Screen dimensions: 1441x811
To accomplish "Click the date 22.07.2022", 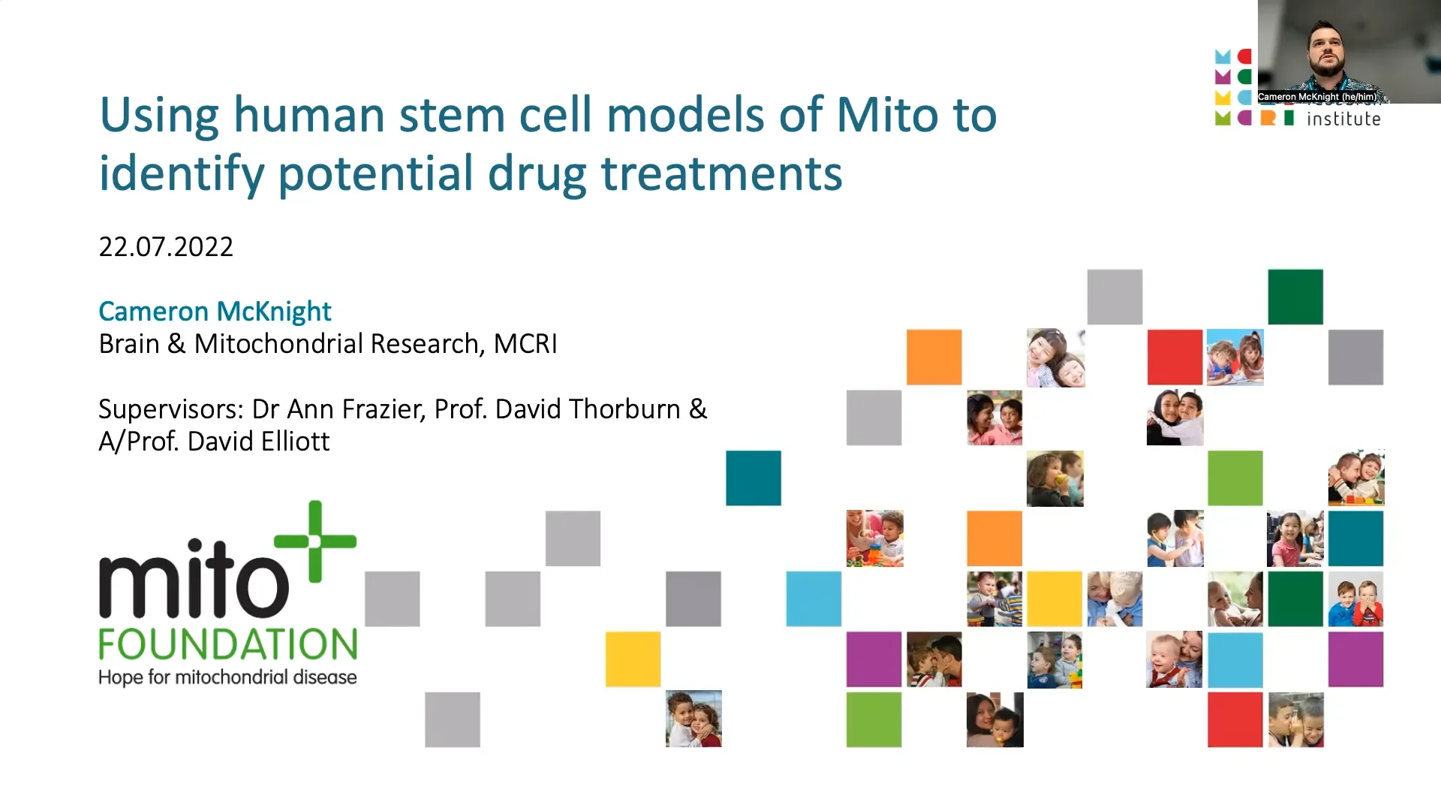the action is click(166, 247).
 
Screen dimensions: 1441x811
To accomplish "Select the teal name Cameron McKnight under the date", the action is click(215, 311).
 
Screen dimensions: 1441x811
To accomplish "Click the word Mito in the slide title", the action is click(889, 115).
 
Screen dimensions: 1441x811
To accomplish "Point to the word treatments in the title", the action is click(721, 173).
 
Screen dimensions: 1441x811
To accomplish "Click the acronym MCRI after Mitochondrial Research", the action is click(525, 344).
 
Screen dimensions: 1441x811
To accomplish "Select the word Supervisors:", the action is click(171, 410).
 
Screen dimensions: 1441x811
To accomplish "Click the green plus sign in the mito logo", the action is click(315, 541).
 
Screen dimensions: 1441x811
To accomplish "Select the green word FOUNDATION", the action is click(228, 644).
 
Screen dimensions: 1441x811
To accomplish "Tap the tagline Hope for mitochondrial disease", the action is click(227, 677).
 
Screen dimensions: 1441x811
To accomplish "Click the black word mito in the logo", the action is click(194, 578).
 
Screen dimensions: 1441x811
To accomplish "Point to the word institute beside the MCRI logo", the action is click(1343, 119).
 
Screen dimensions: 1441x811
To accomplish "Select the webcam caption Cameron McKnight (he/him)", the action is click(1317, 97).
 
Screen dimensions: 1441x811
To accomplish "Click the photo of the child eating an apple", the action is click(1055, 478).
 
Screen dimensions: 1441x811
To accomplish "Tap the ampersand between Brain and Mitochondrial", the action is click(176, 344).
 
